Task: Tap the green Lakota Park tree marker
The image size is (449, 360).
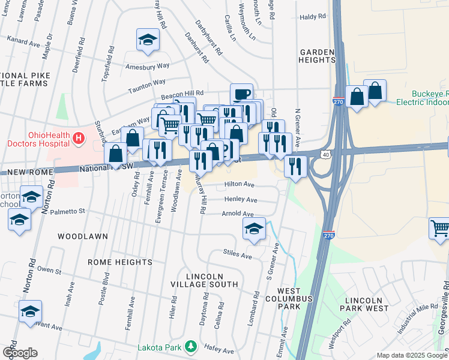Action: [191, 346]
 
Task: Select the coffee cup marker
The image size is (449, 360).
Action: [241, 95]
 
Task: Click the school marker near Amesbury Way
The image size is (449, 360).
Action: [147, 41]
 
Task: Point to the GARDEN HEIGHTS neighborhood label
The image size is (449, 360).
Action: [317, 56]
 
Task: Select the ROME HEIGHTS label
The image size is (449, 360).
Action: [120, 262]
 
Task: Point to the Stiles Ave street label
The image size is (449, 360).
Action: [237, 254]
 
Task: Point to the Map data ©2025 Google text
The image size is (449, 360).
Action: [411, 355]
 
